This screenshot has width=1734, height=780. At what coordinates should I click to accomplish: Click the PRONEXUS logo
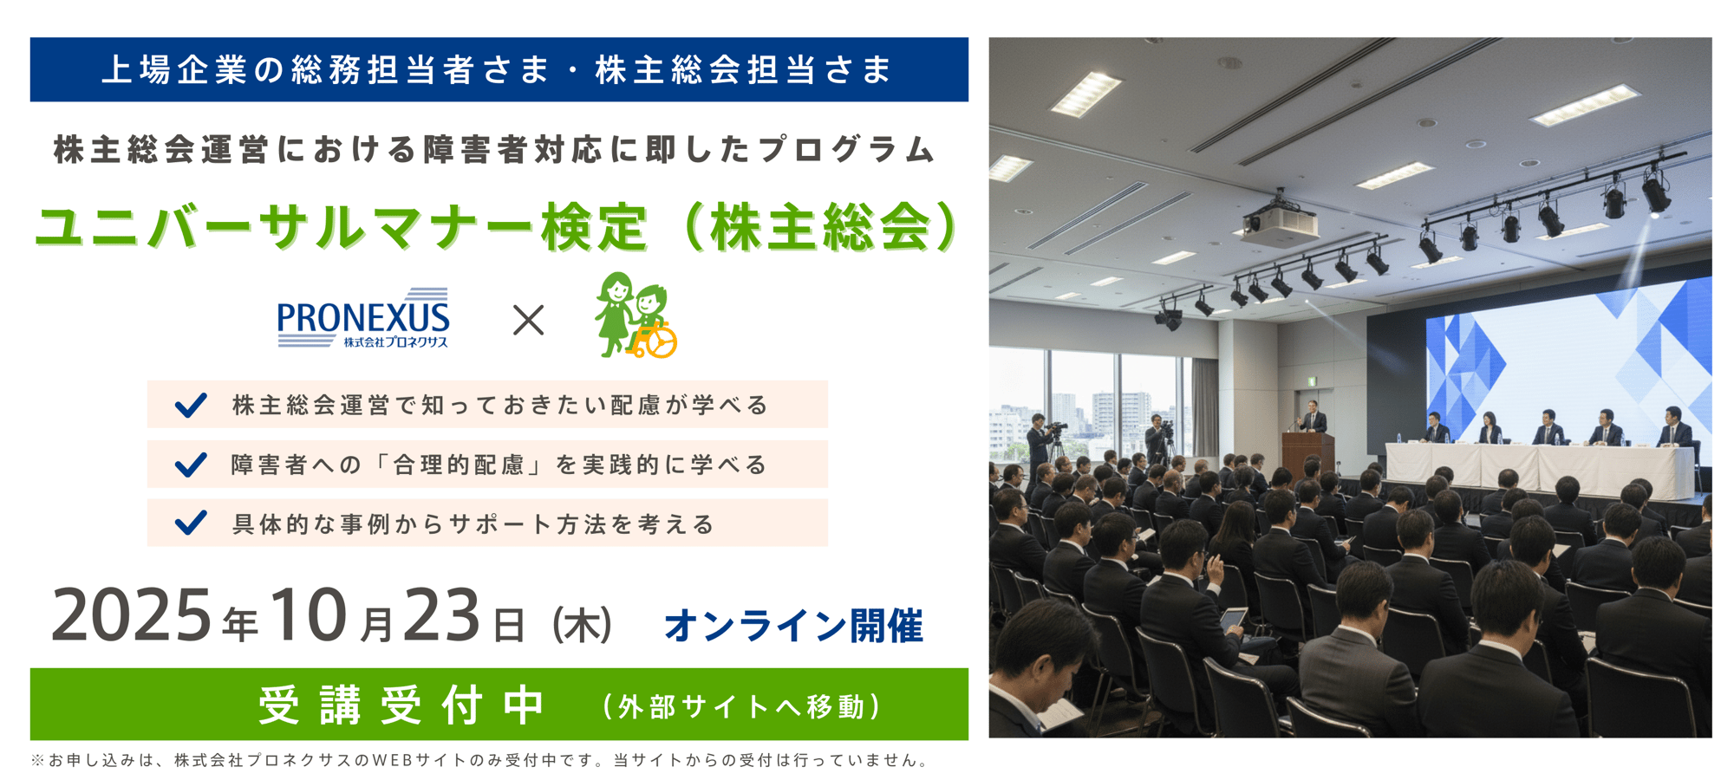coord(363,318)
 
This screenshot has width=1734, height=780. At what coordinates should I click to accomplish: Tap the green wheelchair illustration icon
coord(636,315)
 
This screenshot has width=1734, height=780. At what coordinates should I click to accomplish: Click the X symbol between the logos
coord(528,321)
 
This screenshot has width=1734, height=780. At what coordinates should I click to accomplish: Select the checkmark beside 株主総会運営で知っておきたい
coord(191,405)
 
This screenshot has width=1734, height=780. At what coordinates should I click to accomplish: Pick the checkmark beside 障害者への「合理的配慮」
coord(191,465)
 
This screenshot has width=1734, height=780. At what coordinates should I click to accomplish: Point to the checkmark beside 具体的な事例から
coord(191,523)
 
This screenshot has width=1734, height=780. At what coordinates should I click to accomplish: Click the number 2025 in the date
coord(131,615)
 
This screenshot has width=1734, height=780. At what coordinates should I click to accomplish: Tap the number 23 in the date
coord(441,615)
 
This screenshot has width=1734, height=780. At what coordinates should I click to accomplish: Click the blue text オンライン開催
coord(793,626)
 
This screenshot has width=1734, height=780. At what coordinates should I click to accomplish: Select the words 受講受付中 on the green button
coord(402,705)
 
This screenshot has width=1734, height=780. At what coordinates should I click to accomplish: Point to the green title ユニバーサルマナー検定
coord(341,227)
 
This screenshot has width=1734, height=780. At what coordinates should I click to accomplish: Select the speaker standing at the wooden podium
coord(1313,418)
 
